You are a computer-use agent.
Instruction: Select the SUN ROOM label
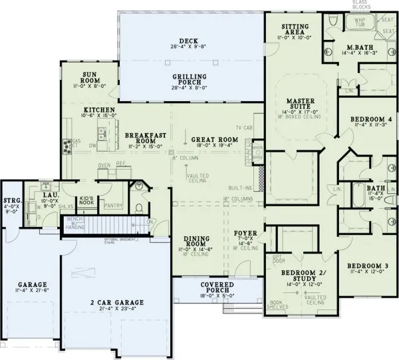(x=92, y=77)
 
